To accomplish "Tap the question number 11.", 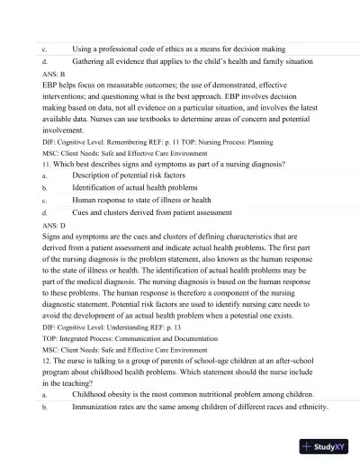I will tap(47, 166).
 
